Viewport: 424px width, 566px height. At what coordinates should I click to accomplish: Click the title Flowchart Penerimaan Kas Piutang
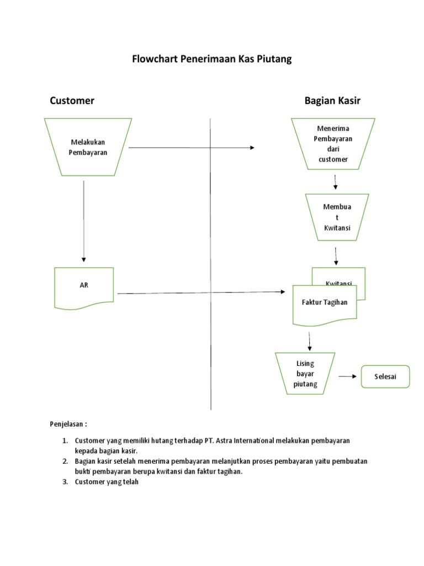(211, 59)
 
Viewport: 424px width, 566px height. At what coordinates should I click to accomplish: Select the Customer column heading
(72, 101)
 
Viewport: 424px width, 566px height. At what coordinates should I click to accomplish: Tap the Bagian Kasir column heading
(332, 101)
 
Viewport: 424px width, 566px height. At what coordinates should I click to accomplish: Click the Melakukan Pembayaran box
(88, 148)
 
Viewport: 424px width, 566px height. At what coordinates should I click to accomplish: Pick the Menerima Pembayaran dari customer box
(333, 144)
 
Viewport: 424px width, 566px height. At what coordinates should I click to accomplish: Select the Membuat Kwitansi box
(337, 217)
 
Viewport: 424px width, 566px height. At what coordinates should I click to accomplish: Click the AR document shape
(84, 285)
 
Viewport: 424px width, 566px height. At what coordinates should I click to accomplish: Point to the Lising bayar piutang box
(305, 374)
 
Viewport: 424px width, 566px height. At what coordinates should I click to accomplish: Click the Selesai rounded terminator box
(385, 377)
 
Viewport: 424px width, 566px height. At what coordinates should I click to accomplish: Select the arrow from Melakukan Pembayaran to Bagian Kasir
(190, 148)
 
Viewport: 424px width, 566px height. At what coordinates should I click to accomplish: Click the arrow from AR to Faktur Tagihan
(202, 292)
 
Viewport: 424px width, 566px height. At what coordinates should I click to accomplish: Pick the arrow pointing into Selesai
(347, 376)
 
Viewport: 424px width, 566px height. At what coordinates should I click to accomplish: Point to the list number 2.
(65, 461)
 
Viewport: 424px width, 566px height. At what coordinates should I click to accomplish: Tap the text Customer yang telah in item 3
(106, 481)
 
